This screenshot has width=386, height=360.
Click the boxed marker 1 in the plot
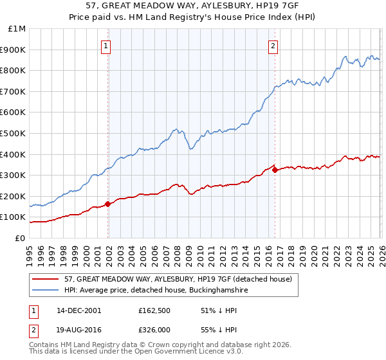(106, 46)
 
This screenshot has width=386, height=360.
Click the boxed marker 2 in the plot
(273, 46)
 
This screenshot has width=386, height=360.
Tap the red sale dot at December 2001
(107, 204)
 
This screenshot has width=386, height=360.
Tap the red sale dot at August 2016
(275, 170)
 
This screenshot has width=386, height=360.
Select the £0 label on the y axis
(20, 238)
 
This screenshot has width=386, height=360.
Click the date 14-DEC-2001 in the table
(78, 310)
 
